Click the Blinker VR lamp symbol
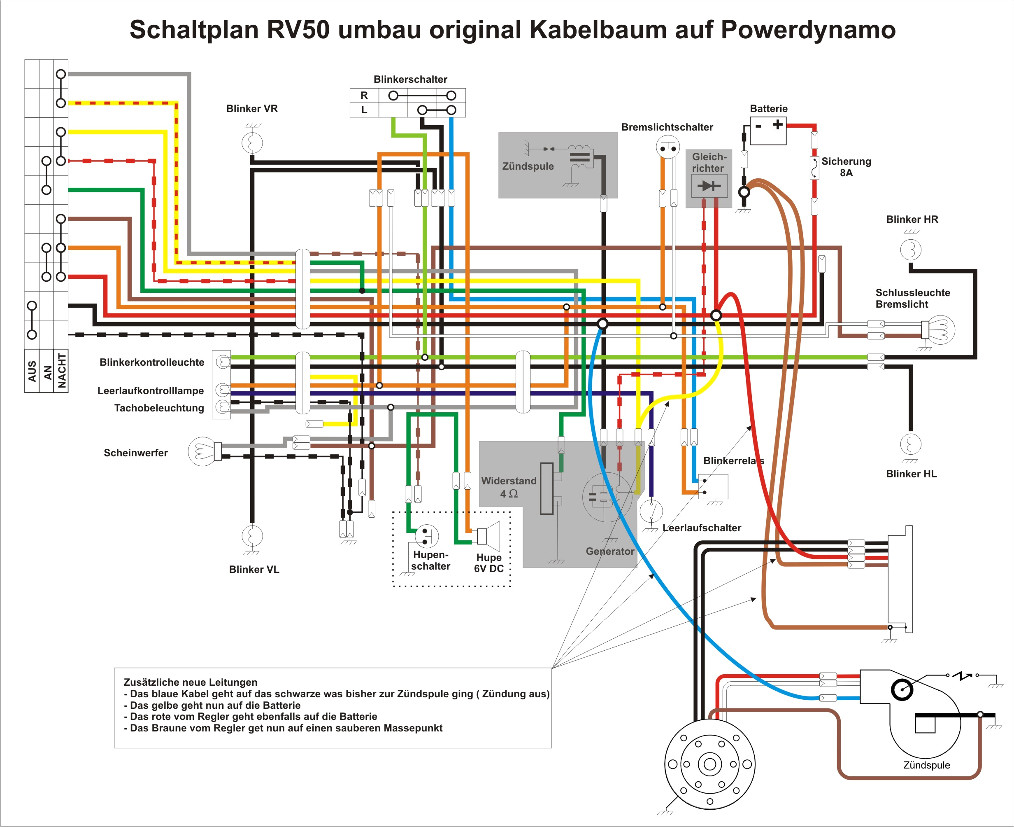(x=252, y=143)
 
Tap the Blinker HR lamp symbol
(x=910, y=249)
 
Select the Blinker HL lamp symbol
(x=910, y=444)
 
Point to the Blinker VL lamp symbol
(x=252, y=535)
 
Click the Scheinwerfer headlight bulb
(x=202, y=451)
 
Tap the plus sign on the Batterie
(x=777, y=125)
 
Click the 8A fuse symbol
(x=814, y=168)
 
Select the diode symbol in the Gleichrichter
(x=709, y=185)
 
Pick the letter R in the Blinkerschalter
(x=364, y=95)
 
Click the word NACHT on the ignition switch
(x=61, y=371)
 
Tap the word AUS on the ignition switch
(x=32, y=371)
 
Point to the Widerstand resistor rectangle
(x=547, y=488)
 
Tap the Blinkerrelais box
(x=713, y=486)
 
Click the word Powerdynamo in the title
(x=808, y=30)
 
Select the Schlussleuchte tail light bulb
(x=940, y=329)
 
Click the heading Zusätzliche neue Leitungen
(x=191, y=682)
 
